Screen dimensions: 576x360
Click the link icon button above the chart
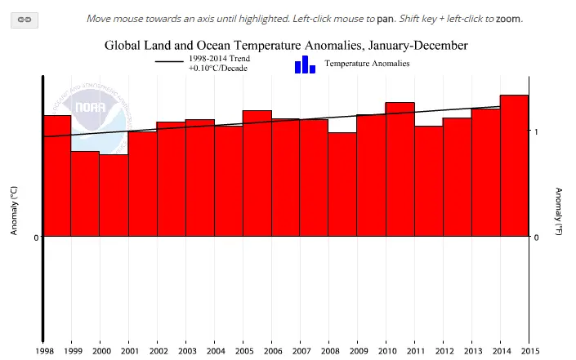click(25, 20)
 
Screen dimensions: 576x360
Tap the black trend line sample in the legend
click(169, 62)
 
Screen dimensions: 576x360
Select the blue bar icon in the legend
click(305, 64)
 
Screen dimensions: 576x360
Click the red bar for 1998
click(57, 176)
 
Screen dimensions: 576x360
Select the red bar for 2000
click(114, 195)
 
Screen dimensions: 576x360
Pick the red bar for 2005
click(257, 173)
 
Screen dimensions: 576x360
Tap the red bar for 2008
click(342, 184)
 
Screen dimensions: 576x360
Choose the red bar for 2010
click(400, 169)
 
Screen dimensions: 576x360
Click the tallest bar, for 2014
click(514, 166)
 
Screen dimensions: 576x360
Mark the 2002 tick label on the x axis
click(159, 351)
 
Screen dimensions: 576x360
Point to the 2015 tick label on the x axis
click(530, 351)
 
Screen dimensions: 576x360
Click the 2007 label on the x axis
click(301, 351)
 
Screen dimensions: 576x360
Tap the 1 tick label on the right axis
click(536, 131)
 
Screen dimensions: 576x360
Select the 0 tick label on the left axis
click(36, 238)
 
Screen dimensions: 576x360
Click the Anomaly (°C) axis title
click(14, 211)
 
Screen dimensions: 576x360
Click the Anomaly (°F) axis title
click(558, 211)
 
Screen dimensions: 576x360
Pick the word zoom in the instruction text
click(508, 19)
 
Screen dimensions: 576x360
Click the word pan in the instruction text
click(385, 19)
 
